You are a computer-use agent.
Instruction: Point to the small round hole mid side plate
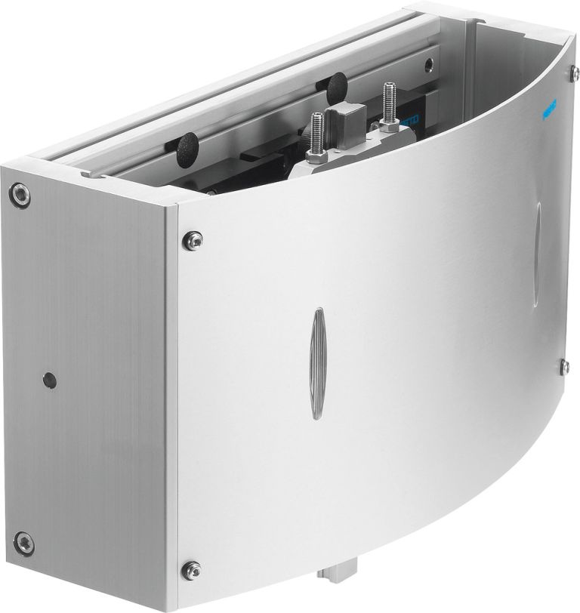pos(49,379)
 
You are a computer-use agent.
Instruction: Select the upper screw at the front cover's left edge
pos(193,239)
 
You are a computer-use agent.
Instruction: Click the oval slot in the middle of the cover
pos(318,363)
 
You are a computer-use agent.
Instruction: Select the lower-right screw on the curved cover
pos(564,366)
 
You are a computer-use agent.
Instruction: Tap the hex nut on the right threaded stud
pos(390,125)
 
